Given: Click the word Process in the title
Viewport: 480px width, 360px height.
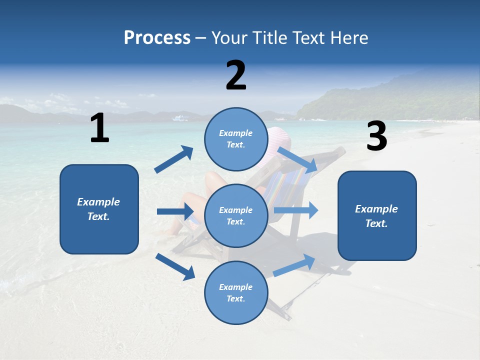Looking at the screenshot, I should click(x=157, y=38).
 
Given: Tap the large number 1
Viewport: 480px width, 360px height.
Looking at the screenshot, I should click(x=99, y=128).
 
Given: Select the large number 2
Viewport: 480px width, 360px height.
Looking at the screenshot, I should click(x=236, y=75).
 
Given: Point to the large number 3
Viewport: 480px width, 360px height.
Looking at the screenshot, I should click(x=376, y=136).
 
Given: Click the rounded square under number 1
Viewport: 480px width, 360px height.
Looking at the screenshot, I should click(x=99, y=209).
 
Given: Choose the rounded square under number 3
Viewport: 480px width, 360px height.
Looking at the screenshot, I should click(x=377, y=215).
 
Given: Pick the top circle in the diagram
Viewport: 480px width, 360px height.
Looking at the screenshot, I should click(x=236, y=139).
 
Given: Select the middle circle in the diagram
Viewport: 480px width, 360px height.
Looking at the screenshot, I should click(x=236, y=215).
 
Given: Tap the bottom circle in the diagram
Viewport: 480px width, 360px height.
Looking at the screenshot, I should click(x=236, y=292).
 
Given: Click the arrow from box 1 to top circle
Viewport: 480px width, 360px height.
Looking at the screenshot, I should click(x=174, y=159).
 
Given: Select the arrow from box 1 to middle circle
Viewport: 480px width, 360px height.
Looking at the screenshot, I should click(x=175, y=211).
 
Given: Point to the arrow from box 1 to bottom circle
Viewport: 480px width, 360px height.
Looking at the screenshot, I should click(x=175, y=266).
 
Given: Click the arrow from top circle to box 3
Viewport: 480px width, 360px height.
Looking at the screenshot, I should click(x=297, y=159).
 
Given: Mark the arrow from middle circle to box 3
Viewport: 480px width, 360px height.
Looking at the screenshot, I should click(x=295, y=210).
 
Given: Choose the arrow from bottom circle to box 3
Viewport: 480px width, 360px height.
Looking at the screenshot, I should click(x=294, y=265).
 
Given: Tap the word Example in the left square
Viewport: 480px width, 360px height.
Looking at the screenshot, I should click(x=98, y=202).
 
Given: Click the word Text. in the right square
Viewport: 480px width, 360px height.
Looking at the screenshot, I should click(x=376, y=223).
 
